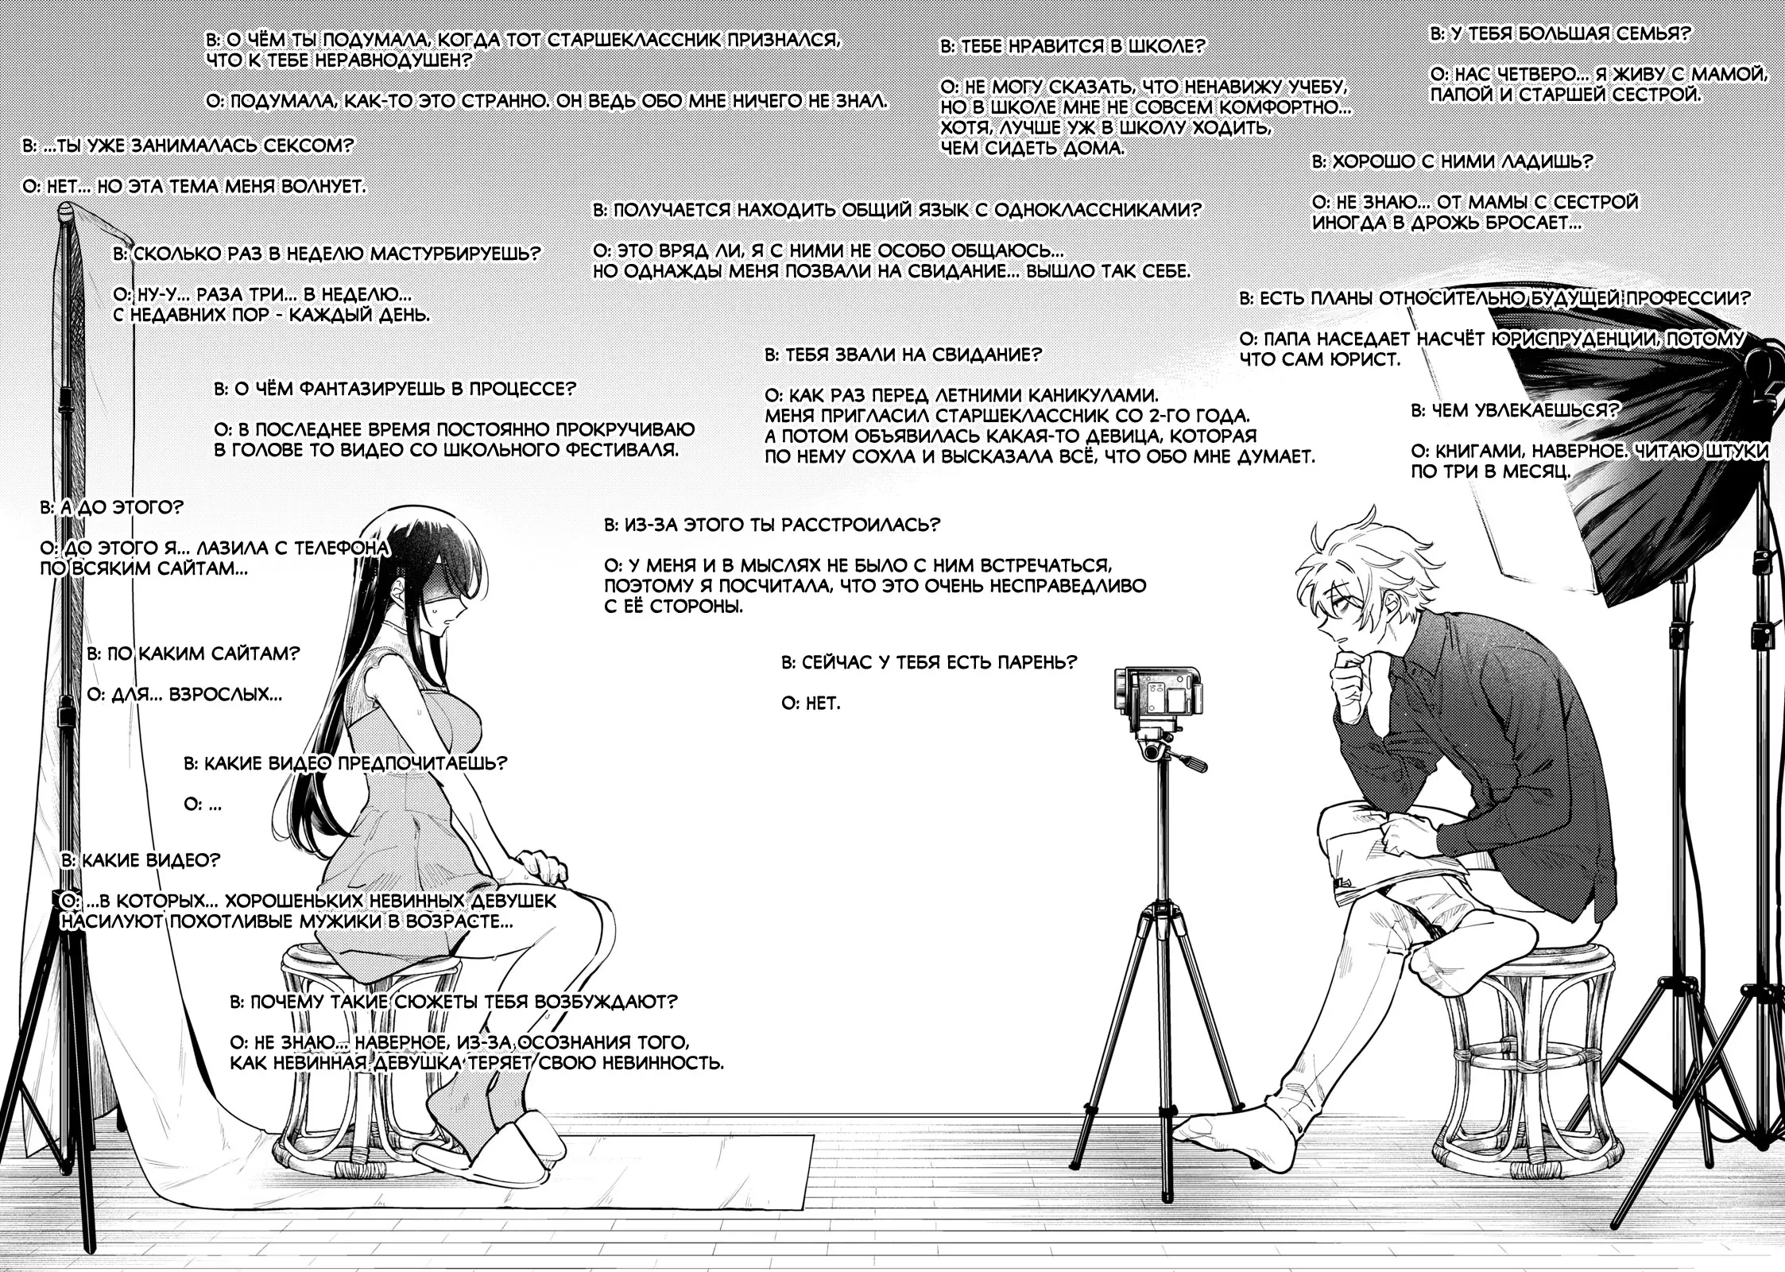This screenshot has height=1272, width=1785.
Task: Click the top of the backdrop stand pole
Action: tap(68, 208)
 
